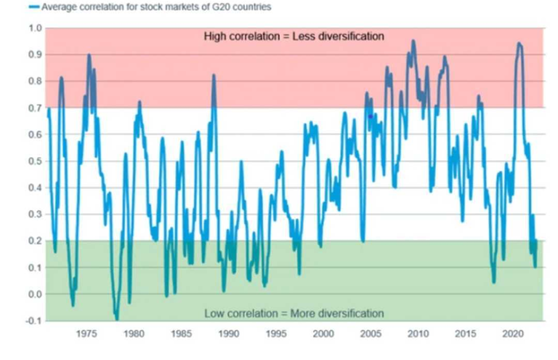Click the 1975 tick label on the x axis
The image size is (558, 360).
click(x=87, y=333)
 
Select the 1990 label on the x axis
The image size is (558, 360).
click(x=228, y=333)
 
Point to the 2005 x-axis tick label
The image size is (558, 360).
click(x=371, y=333)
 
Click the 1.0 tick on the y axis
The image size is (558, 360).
click(x=34, y=28)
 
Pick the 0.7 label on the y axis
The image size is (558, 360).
click(x=34, y=108)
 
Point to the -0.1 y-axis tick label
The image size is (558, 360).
click(x=33, y=321)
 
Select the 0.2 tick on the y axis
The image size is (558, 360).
click(x=34, y=241)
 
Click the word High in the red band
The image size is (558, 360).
click(x=215, y=36)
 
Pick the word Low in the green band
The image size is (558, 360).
click(x=214, y=313)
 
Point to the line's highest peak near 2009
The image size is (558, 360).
click(x=413, y=41)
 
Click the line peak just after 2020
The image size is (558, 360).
click(x=518, y=44)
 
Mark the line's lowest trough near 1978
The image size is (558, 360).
click(x=117, y=319)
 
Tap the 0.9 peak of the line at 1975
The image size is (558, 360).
click(x=89, y=55)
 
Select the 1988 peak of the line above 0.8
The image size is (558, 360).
click(x=214, y=75)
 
